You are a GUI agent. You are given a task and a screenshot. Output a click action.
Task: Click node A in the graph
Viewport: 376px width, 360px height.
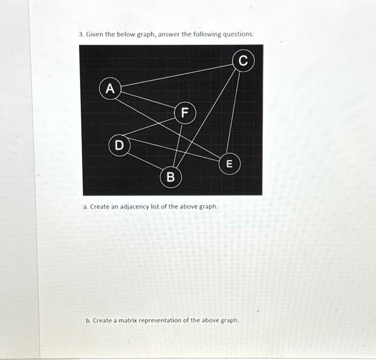pos(110,89)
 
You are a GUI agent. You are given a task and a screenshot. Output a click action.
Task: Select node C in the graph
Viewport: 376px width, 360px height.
pos(243,61)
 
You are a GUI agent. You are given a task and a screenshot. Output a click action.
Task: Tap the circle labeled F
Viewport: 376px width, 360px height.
pos(185,112)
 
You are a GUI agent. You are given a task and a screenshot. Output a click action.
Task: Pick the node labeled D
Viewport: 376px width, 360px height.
pos(119,145)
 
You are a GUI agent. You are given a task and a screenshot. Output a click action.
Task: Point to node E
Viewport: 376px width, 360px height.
pos(229,164)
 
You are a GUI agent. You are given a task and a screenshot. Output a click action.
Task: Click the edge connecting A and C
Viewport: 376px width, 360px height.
pos(177,75)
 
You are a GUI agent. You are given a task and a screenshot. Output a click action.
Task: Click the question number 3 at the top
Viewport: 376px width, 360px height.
pos(81,34)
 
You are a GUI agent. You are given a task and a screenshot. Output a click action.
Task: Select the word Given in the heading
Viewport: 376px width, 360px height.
pos(95,34)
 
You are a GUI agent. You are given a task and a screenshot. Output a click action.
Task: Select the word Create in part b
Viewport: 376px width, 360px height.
pos(102,320)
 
